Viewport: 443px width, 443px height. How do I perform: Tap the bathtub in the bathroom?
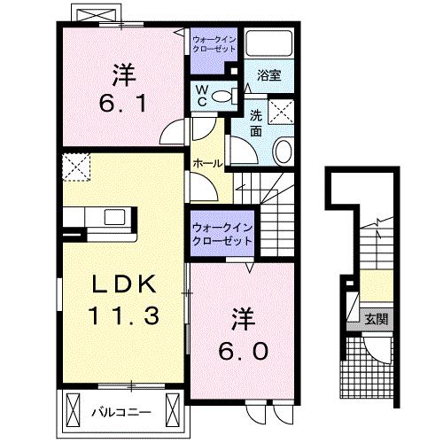[268, 44]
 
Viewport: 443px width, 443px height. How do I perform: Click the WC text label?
[201, 94]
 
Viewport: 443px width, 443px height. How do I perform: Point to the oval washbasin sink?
[283, 152]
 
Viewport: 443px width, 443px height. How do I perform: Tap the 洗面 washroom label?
[254, 121]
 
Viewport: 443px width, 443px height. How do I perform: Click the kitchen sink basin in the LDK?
[116, 216]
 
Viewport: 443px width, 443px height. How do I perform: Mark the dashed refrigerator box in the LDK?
[77, 167]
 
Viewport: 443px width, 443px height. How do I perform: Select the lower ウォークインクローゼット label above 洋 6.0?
[221, 234]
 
